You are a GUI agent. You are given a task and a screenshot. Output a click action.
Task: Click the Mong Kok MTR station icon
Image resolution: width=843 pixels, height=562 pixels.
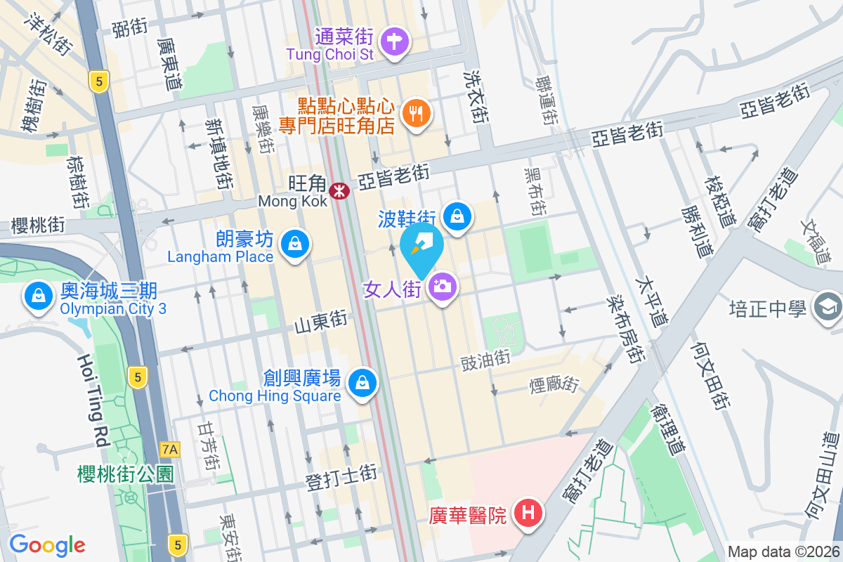tap(339, 190)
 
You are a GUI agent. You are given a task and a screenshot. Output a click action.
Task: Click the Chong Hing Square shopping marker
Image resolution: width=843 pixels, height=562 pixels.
tap(362, 382)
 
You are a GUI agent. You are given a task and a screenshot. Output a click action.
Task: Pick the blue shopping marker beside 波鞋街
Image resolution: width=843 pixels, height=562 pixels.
tap(458, 216)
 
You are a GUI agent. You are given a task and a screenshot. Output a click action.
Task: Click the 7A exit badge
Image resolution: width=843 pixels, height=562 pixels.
tap(170, 449)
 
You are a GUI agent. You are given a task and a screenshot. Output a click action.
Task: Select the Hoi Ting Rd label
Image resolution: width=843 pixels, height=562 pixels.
tap(92, 400)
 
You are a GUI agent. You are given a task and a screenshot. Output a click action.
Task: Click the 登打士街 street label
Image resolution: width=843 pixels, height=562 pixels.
tap(341, 478)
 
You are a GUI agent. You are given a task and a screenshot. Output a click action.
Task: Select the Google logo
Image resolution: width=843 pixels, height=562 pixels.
tap(47, 544)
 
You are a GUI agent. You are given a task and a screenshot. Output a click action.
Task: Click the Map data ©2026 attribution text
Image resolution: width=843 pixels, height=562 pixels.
tap(783, 551)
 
